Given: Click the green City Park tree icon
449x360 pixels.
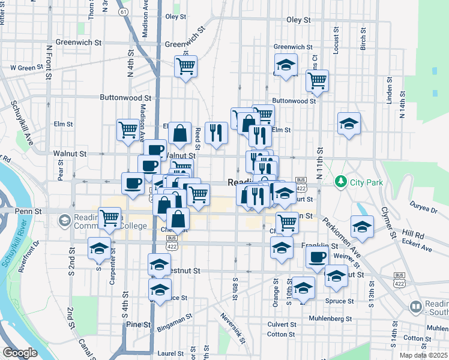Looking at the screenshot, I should [340, 180].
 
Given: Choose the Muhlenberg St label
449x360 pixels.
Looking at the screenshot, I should [329, 318].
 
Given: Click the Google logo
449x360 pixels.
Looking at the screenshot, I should [20, 353].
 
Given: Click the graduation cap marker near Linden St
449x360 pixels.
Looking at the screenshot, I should [349, 124].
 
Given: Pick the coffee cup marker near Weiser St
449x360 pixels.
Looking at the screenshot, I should [318, 257].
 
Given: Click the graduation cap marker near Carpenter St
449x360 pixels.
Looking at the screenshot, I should [99, 248].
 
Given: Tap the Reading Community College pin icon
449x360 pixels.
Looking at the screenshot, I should [64, 221].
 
